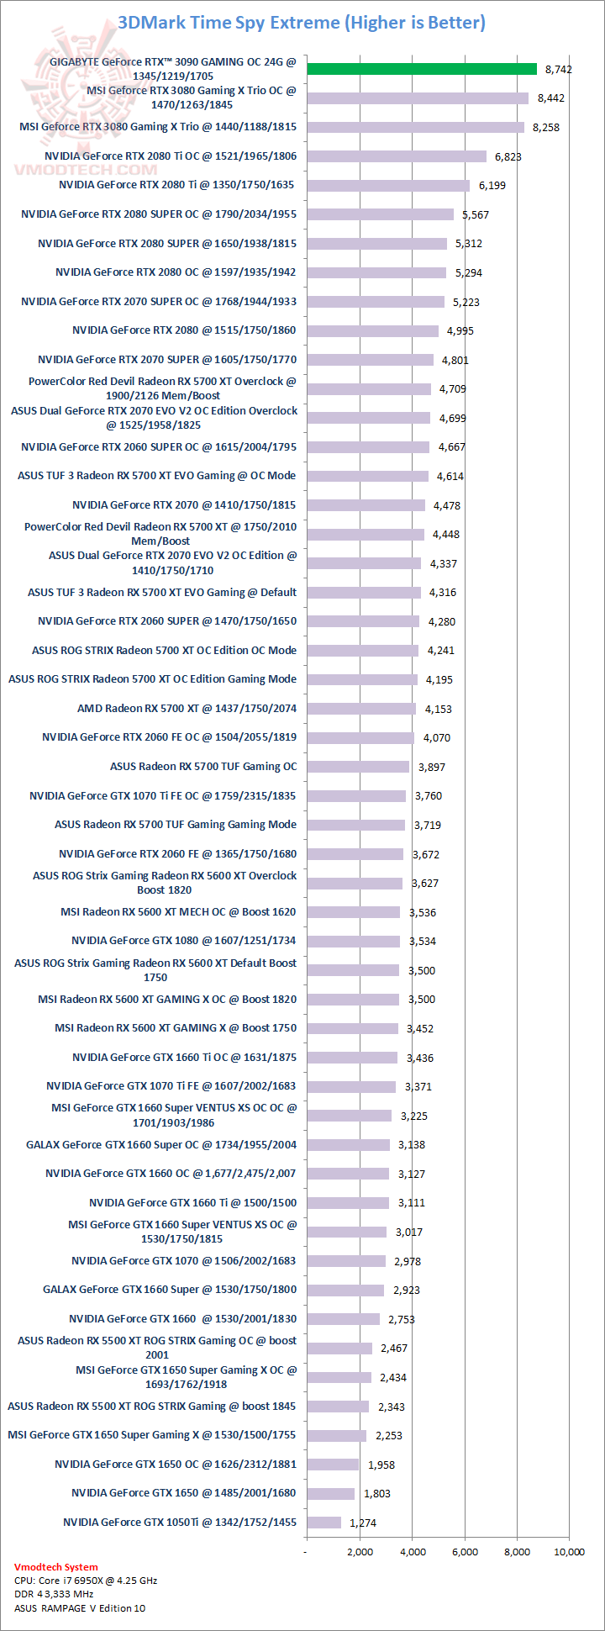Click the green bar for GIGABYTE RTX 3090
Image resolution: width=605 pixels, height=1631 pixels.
421,69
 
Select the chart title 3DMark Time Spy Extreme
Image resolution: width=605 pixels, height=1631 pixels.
302,23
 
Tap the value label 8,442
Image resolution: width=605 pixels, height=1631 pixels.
551,98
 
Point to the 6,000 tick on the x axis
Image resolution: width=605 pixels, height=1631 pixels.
465,1552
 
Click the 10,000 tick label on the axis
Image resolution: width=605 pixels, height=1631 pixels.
570,1552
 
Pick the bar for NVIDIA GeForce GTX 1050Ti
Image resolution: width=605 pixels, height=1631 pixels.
324,1523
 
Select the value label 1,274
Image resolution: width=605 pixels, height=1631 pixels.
363,1523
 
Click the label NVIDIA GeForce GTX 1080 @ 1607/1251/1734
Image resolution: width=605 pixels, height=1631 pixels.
183,941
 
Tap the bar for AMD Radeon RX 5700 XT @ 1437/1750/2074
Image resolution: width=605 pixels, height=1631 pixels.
361,709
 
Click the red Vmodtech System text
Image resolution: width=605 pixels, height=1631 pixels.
55,1567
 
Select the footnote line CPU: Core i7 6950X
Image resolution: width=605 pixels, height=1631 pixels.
86,1581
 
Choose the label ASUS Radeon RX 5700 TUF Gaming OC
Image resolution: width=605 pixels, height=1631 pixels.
203,767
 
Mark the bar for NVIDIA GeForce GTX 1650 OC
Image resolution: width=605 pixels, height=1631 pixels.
333,1465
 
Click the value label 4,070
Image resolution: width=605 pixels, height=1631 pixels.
437,738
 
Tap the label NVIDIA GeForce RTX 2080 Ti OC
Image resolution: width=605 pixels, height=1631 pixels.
171,156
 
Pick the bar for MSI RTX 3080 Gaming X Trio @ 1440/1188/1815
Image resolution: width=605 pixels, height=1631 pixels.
415,128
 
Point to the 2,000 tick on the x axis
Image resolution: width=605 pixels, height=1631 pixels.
360,1552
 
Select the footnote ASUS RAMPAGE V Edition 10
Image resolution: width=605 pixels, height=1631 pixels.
80,1608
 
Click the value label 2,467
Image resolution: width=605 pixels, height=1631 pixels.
394,1349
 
